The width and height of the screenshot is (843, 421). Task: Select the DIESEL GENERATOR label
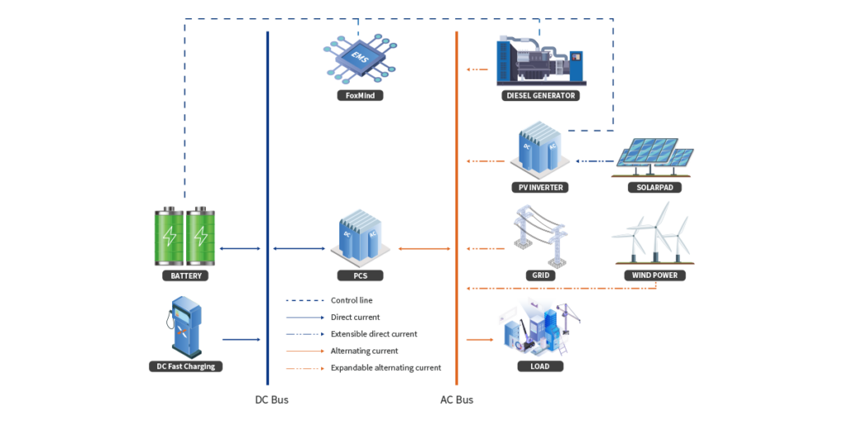tap(540, 95)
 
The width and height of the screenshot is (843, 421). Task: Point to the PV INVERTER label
tap(540, 187)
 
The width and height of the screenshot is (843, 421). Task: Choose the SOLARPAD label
tap(654, 187)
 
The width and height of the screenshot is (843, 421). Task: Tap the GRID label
tap(540, 275)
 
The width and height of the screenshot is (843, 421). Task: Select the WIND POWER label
tap(654, 275)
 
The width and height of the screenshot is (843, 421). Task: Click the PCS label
tap(360, 275)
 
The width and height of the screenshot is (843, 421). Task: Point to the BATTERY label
tap(186, 275)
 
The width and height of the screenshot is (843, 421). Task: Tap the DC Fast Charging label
tap(186, 366)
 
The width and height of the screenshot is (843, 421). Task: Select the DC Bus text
tap(271, 400)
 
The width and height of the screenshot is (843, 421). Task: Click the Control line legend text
tap(352, 300)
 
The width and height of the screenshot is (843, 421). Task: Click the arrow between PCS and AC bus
tap(424, 248)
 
